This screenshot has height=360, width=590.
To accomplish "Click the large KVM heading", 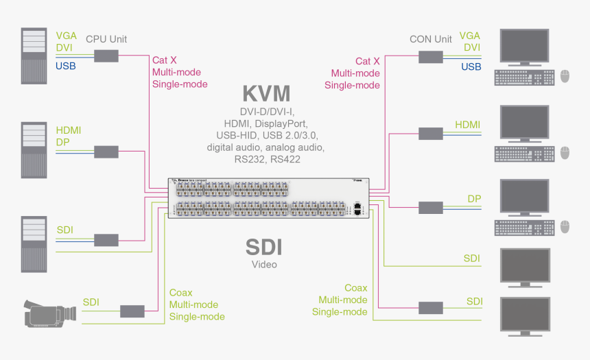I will point(266,93).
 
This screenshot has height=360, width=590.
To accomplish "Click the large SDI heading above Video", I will point(264,247).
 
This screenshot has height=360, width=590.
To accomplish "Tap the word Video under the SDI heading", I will point(264,265).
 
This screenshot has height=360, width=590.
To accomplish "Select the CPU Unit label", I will point(106,39).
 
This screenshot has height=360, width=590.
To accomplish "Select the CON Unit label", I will point(430,39).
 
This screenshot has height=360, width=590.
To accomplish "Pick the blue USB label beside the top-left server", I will point(65,67).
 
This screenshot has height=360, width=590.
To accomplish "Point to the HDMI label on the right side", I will point(468,125).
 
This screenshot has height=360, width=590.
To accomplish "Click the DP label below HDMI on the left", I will point(62,142).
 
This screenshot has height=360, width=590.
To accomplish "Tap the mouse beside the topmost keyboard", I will point(566,76).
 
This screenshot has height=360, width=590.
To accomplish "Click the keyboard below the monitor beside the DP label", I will point(524,226).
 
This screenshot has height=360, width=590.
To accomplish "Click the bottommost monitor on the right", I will point(526,315).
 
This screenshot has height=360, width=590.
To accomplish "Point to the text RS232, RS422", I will point(265,159).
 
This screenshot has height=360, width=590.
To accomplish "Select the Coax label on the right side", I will point(356,288).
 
